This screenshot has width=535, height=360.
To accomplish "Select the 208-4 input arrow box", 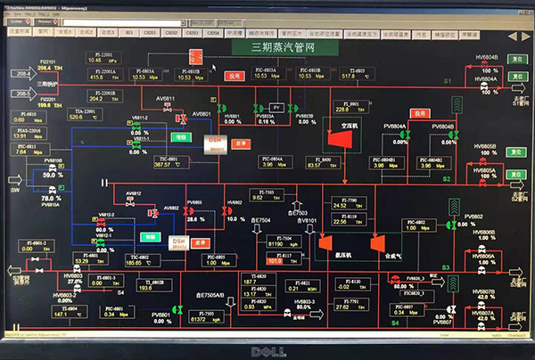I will coord(20,73).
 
